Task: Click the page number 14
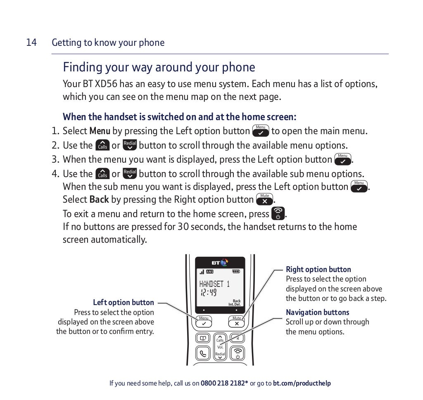click(31, 43)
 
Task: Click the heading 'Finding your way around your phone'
click(159, 67)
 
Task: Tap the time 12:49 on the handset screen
click(209, 293)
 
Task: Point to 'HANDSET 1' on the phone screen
click(214, 284)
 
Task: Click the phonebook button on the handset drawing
click(203, 338)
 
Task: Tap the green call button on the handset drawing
click(203, 353)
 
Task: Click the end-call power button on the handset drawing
click(238, 353)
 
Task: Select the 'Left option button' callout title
click(123, 303)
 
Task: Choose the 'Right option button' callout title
click(318, 270)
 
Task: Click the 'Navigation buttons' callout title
click(317, 312)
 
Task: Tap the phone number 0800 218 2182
click(223, 383)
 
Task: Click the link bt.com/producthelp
click(302, 383)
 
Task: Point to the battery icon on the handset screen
click(236, 271)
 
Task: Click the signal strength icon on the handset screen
click(202, 272)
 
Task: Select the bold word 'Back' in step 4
click(99, 200)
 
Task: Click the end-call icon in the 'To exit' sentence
click(278, 213)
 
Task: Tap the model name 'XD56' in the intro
click(106, 84)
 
